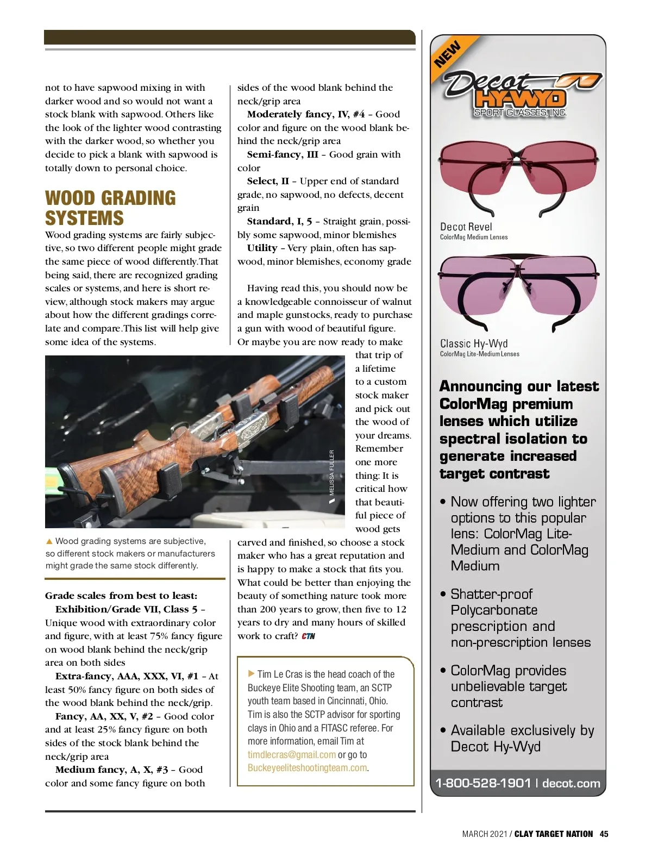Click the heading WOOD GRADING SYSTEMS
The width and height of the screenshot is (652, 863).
point(110,208)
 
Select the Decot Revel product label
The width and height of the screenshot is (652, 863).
point(466,227)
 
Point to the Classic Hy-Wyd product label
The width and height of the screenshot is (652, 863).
point(474,343)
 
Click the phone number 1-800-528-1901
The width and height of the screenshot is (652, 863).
point(483,783)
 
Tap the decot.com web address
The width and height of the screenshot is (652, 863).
point(571,783)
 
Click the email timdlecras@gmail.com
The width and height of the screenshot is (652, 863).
point(292,755)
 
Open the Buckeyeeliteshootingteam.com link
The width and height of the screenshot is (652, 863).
point(307,768)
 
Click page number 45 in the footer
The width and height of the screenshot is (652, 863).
point(604,834)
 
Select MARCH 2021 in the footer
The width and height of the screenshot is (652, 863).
point(484,834)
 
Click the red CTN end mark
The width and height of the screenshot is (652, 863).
point(308,636)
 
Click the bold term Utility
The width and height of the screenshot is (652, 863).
point(262,248)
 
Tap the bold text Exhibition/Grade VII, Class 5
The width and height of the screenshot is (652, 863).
point(126,609)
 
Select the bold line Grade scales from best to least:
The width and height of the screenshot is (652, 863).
point(121,596)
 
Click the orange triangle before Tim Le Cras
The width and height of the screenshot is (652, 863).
point(251,674)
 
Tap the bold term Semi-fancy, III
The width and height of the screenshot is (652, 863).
point(283,154)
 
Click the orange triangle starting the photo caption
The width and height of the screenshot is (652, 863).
point(49,541)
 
